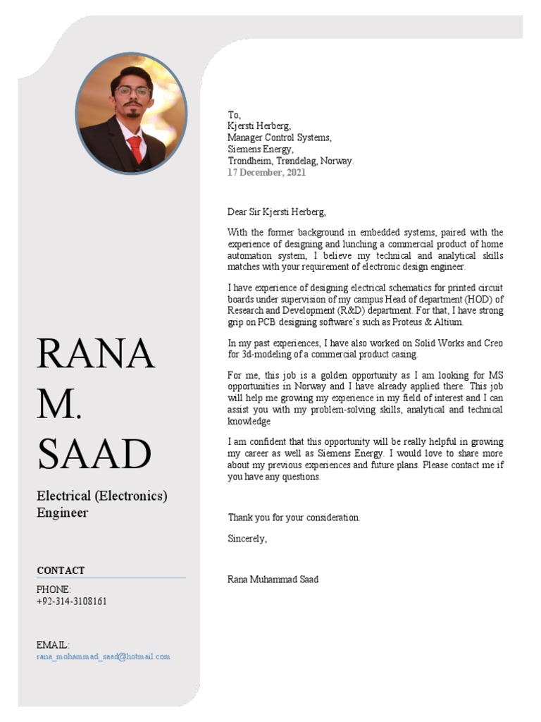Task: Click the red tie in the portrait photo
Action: tap(135, 149)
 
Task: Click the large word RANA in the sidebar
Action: tap(95, 353)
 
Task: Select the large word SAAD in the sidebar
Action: tap(94, 454)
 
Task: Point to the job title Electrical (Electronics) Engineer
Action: tap(101, 504)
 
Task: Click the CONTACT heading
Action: tap(61, 570)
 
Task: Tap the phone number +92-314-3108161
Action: tap(72, 601)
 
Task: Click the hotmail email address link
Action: tap(103, 656)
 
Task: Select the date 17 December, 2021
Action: tap(266, 173)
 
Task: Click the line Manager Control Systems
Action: tap(279, 137)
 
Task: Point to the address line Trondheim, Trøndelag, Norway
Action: tap(290, 161)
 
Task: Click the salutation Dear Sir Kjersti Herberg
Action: tap(277, 212)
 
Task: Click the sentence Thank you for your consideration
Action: tap(294, 518)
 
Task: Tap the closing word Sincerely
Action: tap(247, 539)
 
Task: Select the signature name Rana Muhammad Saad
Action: tap(273, 580)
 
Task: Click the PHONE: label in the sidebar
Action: tap(54, 589)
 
